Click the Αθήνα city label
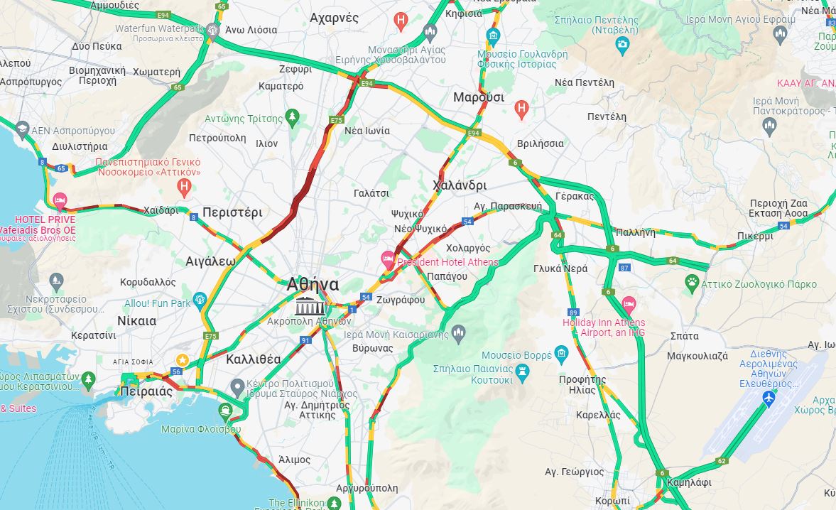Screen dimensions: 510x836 coord(313,285)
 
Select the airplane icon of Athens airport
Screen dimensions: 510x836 coord(767,398)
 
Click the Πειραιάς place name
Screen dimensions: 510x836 coord(147,391)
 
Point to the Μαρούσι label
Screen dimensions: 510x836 coord(478,97)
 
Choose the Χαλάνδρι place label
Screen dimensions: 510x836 coord(460,185)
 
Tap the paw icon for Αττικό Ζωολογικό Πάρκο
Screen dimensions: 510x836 coord(691,284)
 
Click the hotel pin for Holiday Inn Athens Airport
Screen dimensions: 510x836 coord(629,305)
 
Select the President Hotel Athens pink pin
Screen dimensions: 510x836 coord(388,259)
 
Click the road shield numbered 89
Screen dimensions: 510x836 coord(573,313)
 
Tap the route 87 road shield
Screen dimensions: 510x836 coord(624,267)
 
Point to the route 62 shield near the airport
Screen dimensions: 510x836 coord(721,461)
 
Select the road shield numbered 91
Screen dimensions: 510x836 coord(305,341)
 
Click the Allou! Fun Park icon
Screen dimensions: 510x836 coord(199,298)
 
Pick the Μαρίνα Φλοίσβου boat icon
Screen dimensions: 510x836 coord(226,410)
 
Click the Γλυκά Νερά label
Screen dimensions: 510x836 coord(560,268)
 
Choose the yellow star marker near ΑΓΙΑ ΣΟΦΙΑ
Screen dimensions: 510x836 coord(183,360)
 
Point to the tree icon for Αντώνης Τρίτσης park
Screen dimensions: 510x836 coord(291,116)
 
